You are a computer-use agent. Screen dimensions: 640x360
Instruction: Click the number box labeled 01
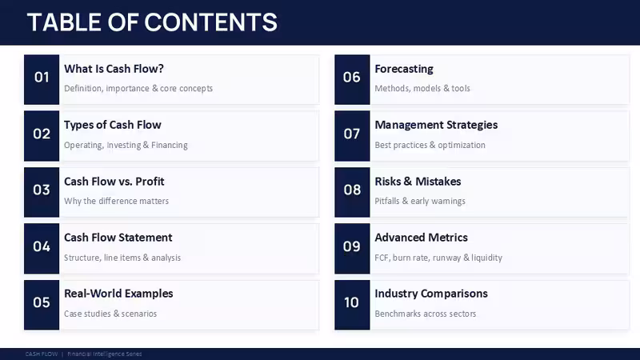click(42, 79)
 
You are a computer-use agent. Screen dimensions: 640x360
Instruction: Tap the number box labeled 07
click(352, 136)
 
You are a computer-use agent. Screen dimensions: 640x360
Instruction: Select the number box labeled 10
click(352, 305)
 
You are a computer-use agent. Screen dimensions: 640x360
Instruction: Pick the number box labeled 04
click(42, 249)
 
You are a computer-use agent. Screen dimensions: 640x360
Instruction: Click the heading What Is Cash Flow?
click(114, 69)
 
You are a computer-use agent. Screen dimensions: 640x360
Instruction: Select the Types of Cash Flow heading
click(113, 125)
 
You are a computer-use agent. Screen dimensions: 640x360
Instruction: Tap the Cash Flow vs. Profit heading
click(114, 182)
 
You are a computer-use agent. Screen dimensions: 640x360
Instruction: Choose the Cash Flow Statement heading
click(118, 238)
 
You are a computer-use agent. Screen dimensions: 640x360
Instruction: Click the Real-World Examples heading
click(118, 294)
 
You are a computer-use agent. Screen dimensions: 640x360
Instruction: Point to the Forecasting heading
click(404, 69)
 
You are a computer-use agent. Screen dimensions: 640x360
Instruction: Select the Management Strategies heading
click(436, 125)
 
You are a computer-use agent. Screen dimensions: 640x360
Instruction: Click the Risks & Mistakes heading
click(418, 182)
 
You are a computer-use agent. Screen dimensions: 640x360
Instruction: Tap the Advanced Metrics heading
click(422, 238)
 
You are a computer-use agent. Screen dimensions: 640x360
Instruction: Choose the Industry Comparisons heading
click(431, 294)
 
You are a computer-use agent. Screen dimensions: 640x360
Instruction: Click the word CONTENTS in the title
click(210, 22)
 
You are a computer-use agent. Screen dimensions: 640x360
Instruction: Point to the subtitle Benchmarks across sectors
click(426, 314)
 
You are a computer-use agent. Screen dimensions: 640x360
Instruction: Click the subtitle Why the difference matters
click(116, 202)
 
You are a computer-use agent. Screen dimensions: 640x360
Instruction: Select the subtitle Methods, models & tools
click(422, 89)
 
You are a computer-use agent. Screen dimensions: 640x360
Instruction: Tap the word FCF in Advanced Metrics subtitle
click(382, 258)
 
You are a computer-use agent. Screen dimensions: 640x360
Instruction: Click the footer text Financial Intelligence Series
click(105, 354)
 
